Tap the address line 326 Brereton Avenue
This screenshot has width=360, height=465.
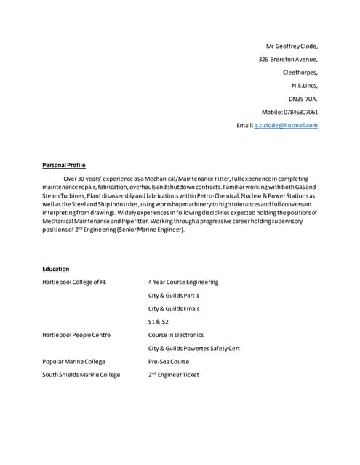click(x=288, y=59)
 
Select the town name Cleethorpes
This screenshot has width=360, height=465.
click(x=300, y=72)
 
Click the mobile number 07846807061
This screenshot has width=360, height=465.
click(x=300, y=112)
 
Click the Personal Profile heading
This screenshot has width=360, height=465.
click(x=64, y=165)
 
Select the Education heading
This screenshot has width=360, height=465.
click(x=56, y=269)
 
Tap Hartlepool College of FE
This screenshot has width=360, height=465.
click(x=75, y=282)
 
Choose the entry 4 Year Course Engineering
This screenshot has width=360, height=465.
click(x=183, y=282)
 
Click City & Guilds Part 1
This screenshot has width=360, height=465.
click(x=174, y=295)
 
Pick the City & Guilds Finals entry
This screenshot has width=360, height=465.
click(x=174, y=308)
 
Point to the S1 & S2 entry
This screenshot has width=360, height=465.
click(x=158, y=321)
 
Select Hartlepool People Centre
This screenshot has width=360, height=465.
click(x=76, y=335)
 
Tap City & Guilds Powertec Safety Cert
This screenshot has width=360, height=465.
click(x=194, y=348)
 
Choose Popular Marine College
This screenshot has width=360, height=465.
click(x=73, y=361)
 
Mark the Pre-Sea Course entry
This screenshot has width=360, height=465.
click(x=169, y=361)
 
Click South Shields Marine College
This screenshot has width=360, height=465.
click(x=81, y=375)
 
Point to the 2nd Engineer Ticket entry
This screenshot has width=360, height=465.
click(x=173, y=375)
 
